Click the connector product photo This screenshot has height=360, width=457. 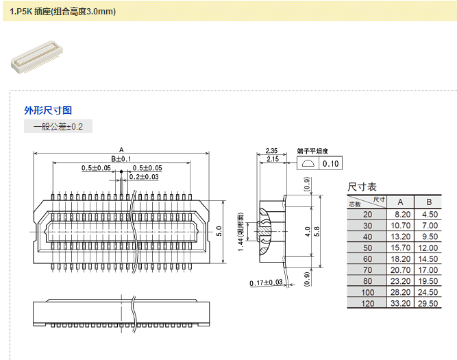point(37,57)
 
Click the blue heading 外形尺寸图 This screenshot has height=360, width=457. point(48,110)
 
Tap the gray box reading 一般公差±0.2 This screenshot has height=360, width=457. point(58,126)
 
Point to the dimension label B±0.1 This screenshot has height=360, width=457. point(121,159)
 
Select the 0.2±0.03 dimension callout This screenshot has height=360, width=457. point(144,177)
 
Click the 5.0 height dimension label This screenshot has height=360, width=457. point(219,231)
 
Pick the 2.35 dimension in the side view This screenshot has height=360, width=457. point(271,151)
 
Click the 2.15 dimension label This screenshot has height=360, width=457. point(273,159)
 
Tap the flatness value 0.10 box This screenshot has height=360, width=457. point(330,164)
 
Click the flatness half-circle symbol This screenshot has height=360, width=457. point(308,163)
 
